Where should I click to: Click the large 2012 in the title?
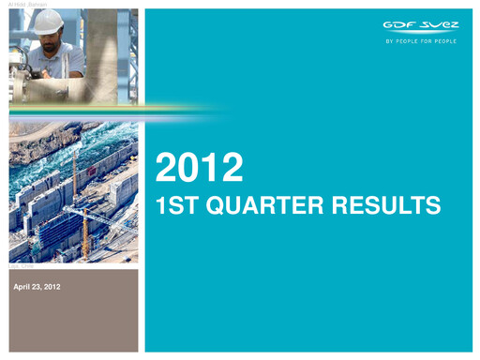click(x=200, y=169)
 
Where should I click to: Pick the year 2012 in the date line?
click(x=51, y=286)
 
